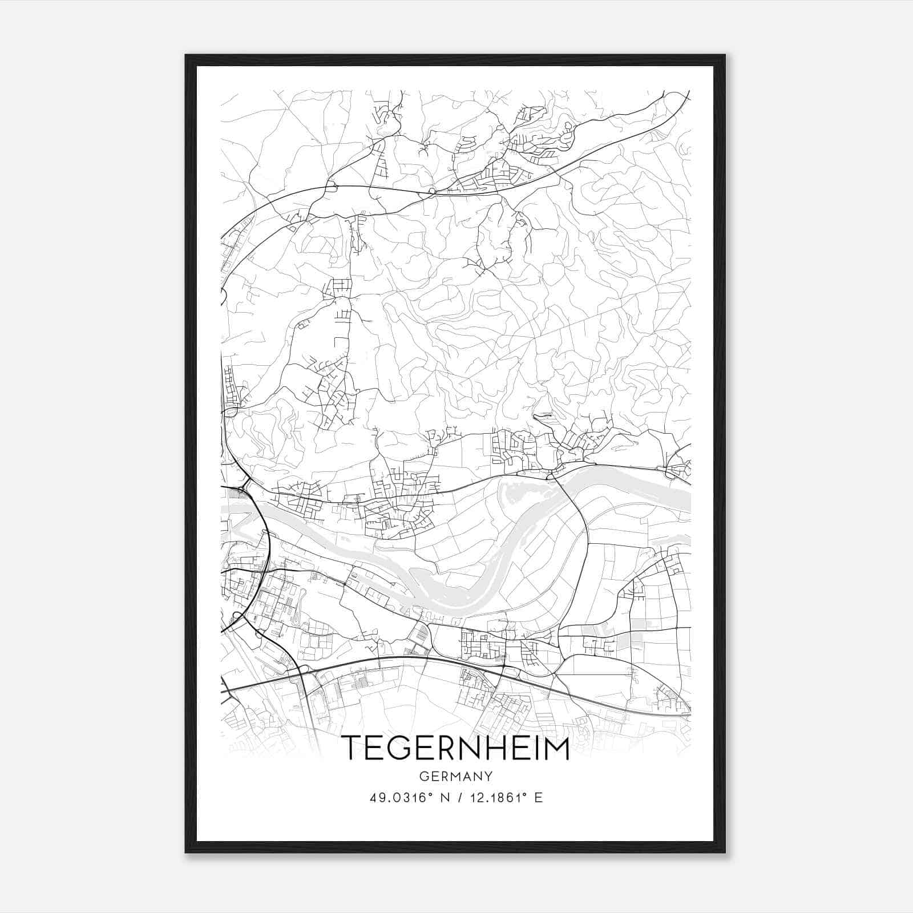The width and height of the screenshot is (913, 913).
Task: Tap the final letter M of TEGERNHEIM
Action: point(556,748)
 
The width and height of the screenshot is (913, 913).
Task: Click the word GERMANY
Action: point(456,776)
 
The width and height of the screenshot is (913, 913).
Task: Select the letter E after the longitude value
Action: point(539,798)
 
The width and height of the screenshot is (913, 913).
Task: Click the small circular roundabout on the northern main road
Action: point(432,191)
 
